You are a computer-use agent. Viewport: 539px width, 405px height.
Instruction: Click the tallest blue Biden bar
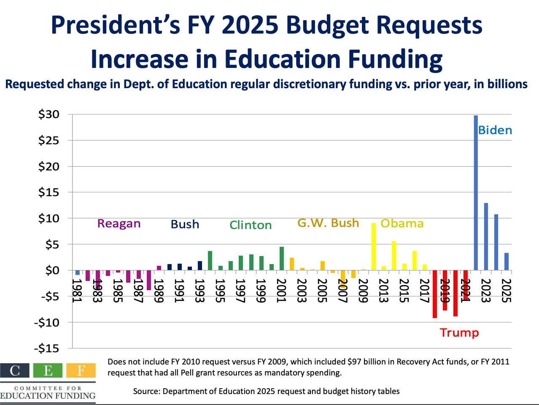pyautogui.click(x=476, y=192)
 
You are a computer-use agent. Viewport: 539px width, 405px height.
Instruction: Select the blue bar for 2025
pyautogui.click(x=507, y=261)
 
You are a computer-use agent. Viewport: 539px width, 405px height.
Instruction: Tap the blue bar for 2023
pyautogui.click(x=486, y=236)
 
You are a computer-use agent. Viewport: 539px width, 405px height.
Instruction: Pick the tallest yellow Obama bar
pyautogui.click(x=374, y=246)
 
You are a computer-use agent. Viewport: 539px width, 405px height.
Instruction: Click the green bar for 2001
pyautogui.click(x=282, y=258)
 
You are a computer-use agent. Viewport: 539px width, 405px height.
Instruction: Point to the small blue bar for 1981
pyautogui.click(x=78, y=273)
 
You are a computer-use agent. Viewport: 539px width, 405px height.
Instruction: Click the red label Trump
pyautogui.click(x=459, y=333)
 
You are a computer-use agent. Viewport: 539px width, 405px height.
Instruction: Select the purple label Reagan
pyautogui.click(x=119, y=224)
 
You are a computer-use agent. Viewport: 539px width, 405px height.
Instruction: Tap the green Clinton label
pyautogui.click(x=251, y=225)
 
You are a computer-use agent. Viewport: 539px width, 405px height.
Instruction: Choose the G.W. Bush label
pyautogui.click(x=328, y=223)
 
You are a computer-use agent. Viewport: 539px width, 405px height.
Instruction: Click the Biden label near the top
pyautogui.click(x=495, y=130)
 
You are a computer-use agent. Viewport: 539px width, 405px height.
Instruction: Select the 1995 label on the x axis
pyautogui.click(x=219, y=291)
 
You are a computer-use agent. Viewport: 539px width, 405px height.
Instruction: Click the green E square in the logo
pyautogui.click(x=48, y=370)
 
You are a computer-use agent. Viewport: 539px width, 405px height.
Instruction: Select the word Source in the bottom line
pyautogui.click(x=146, y=391)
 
